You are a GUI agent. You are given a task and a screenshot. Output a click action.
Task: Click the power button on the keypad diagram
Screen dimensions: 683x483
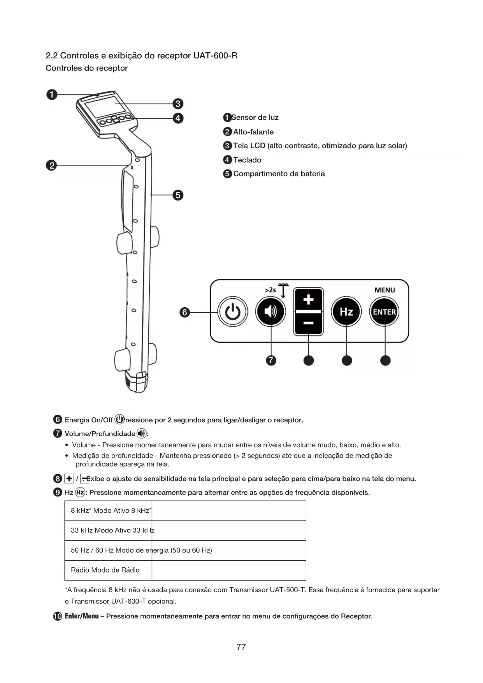pos(232,312)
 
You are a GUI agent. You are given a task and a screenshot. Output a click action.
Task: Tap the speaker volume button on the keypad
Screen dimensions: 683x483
pos(270,312)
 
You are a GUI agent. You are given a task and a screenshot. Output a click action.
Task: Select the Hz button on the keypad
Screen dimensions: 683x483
pos(346,312)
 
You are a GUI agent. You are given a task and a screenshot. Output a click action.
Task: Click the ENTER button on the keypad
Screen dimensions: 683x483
pos(385,312)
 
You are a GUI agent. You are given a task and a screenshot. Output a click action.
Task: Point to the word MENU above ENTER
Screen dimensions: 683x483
pos(385,290)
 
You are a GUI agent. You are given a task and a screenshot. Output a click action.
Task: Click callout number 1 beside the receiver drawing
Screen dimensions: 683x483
pos(52,95)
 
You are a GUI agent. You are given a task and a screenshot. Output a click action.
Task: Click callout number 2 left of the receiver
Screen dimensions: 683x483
pos(51,165)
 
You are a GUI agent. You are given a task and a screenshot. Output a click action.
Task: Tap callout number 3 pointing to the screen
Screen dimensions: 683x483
pos(178,104)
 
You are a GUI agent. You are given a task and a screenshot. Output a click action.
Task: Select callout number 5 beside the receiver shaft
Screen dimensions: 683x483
pos(178,195)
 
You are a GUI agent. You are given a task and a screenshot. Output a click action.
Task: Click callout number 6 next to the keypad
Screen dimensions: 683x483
pos(185,312)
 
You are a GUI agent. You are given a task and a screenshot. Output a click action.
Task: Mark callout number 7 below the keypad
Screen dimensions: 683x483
pos(271,361)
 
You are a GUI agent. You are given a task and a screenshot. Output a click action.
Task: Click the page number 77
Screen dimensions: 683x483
pos(241,647)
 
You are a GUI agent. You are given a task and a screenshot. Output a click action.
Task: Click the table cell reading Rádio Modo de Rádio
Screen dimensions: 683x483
pos(105,570)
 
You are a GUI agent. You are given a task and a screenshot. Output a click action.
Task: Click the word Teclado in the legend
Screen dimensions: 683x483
pos(247,160)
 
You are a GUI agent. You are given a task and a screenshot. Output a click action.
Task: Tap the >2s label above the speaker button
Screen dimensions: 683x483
pos(270,290)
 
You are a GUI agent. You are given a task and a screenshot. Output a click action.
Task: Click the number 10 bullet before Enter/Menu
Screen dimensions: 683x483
pos(58,616)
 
